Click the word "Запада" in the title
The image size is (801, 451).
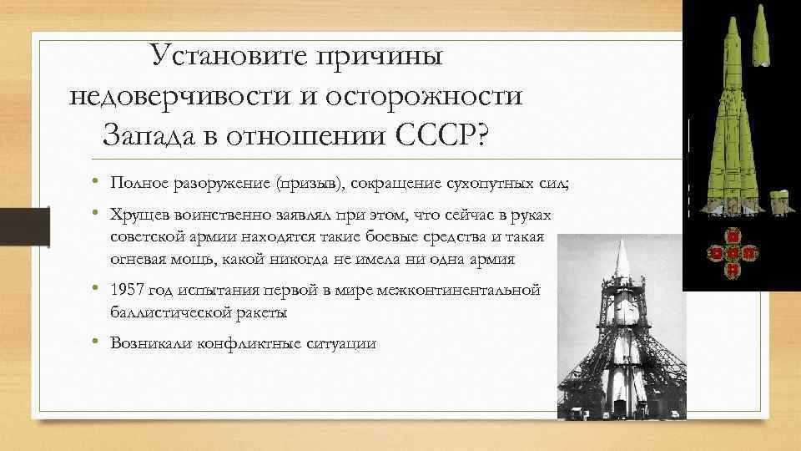pos(155,132)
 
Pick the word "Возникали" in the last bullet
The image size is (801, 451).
pos(152,342)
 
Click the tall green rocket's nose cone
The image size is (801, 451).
pos(733,25)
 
